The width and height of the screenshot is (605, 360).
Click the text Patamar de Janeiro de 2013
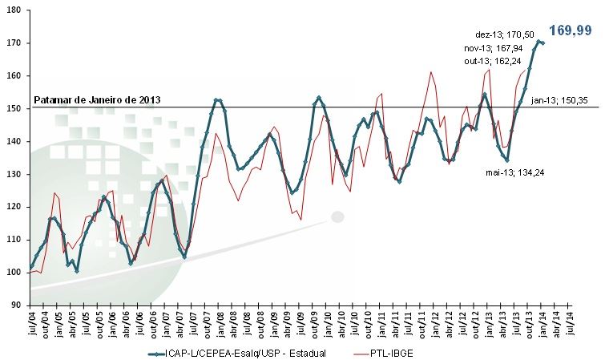point(98,100)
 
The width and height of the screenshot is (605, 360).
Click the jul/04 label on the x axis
point(31,325)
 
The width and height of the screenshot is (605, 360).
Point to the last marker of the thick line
point(542,43)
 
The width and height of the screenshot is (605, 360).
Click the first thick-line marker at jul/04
point(30,267)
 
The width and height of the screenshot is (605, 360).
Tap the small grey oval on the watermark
point(337,216)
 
